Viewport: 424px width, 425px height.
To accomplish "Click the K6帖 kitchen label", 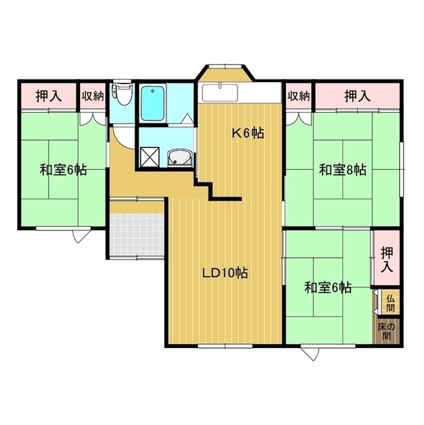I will [x=247, y=133].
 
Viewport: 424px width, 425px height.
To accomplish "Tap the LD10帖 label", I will [x=226, y=272].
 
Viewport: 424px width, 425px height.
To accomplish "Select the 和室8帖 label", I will [x=342, y=170].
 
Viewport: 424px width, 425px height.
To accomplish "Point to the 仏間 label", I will [x=389, y=302].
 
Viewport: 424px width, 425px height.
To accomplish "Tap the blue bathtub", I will [x=153, y=102].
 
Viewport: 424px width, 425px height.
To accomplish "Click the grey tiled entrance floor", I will [x=137, y=234].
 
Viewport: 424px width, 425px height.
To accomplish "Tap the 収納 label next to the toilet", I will [x=93, y=96].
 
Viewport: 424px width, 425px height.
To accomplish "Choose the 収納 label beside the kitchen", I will [x=299, y=96].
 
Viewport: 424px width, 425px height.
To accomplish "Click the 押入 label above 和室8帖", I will [x=357, y=96].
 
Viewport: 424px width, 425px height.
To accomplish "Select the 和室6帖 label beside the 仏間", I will [x=328, y=288].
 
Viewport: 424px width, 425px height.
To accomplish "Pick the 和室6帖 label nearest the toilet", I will [x=62, y=170].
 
